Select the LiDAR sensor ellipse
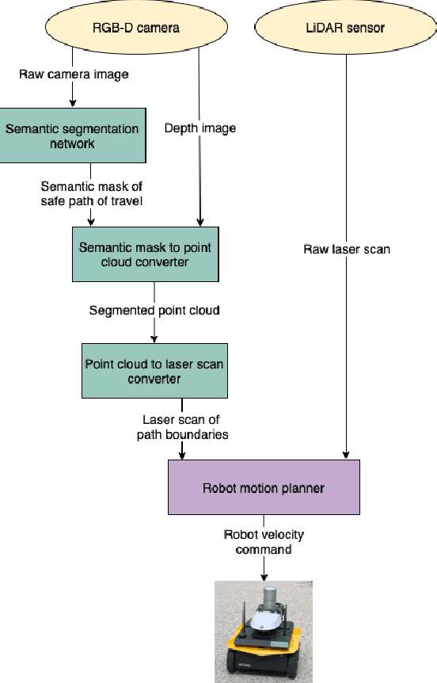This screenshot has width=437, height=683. click(x=344, y=28)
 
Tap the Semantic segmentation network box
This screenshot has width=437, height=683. click(x=71, y=136)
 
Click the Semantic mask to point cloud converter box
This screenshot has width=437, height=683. click(x=145, y=254)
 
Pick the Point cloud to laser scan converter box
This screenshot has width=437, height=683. click(x=154, y=371)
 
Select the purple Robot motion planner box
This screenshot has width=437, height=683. click(x=264, y=487)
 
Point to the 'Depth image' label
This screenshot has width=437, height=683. click(x=199, y=128)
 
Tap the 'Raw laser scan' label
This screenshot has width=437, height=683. click(x=347, y=250)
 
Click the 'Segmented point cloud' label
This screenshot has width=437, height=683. click(x=154, y=311)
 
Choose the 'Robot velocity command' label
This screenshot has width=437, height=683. click(x=264, y=542)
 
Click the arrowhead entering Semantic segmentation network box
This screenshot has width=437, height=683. click(x=73, y=103)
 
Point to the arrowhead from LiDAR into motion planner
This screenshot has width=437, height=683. click(x=345, y=455)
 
